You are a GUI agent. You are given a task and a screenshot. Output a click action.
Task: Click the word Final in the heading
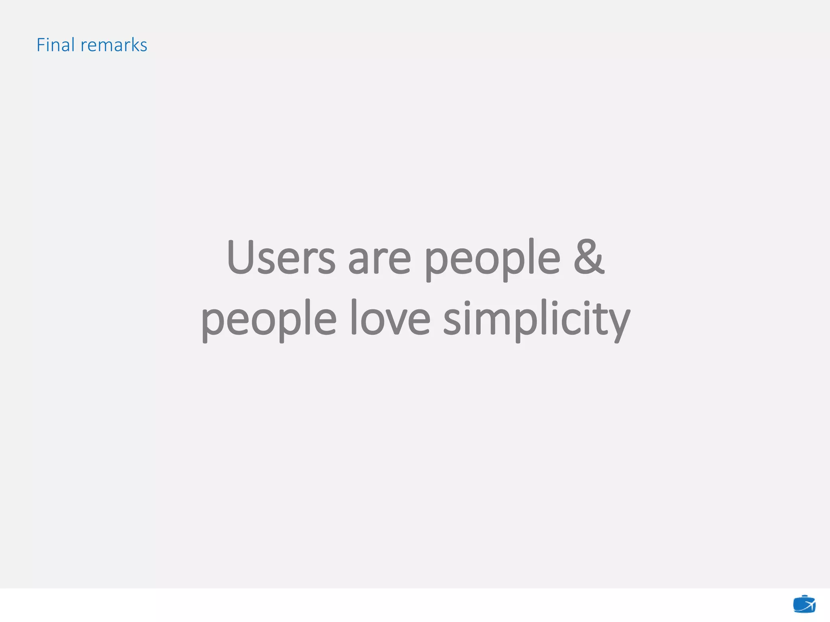coord(56,45)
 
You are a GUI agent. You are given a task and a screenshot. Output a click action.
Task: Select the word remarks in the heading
coord(114,45)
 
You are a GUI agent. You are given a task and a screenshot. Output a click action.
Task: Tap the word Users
coord(281,258)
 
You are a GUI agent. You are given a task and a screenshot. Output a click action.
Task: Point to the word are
coord(379,259)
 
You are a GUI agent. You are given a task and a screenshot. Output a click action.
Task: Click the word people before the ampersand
coord(492,259)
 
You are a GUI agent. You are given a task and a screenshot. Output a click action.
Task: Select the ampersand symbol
coord(589,257)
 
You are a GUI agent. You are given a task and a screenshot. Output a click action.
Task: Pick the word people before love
coord(269,320)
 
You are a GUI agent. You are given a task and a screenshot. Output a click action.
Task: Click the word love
coord(390,318)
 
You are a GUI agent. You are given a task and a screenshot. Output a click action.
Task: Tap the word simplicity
coord(537,320)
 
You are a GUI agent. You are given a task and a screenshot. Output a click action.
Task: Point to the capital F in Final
coord(41,45)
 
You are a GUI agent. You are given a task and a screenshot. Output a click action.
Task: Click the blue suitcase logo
coord(804,605)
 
